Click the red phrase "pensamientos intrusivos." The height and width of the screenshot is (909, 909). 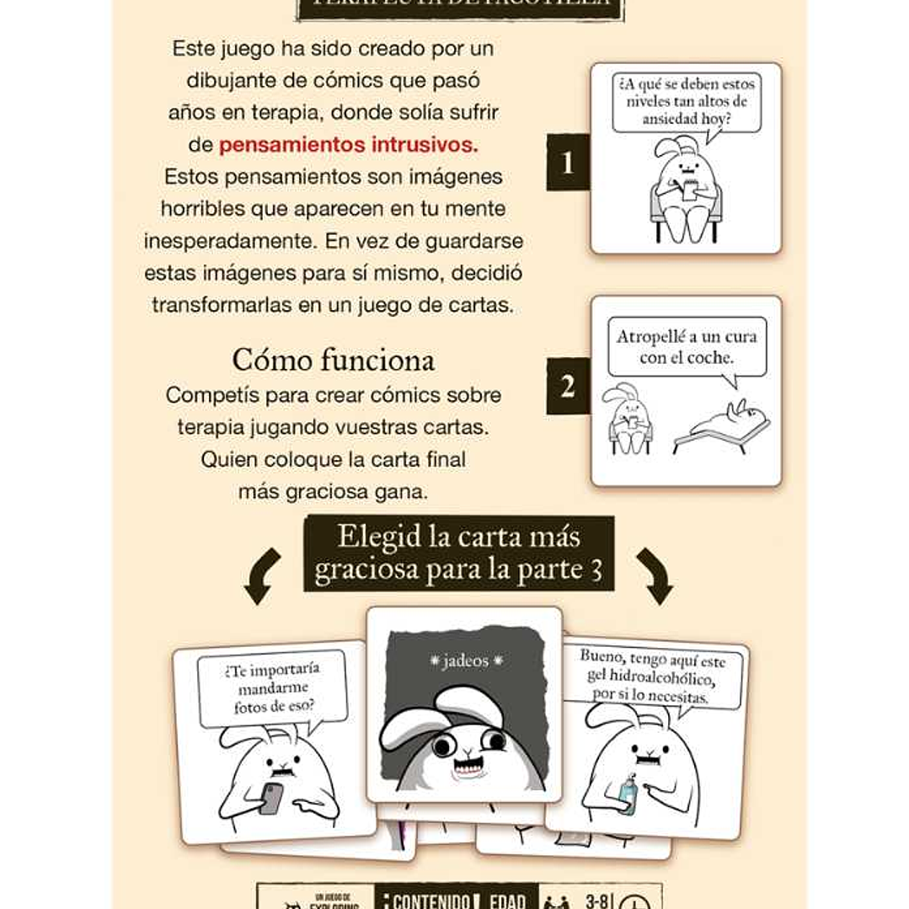(348, 145)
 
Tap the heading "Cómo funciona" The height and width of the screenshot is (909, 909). (334, 360)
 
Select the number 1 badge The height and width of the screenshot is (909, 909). (567, 162)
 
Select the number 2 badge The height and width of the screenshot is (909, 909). (567, 387)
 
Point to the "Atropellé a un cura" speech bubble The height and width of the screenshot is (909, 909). (686, 347)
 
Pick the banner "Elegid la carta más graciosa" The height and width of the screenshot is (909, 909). (458, 553)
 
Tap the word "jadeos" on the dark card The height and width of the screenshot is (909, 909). (466, 661)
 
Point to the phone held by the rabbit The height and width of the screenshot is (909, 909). (271, 797)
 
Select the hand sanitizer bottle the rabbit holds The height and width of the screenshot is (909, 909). (628, 793)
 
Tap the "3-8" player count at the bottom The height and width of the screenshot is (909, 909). (596, 901)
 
